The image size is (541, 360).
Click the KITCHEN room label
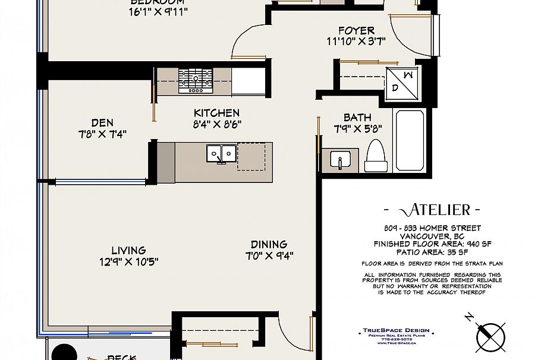click(216, 113)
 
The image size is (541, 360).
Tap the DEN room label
click(102, 123)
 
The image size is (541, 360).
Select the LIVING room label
click(128, 251)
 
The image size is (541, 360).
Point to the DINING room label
click(269, 244)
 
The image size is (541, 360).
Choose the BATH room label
click(357, 118)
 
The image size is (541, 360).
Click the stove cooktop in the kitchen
click(196, 80)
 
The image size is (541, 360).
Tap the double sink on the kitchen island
click(220, 154)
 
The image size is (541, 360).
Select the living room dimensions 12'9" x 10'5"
click(128, 261)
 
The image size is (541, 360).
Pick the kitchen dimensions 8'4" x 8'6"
click(216, 124)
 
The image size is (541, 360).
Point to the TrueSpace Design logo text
click(396, 331)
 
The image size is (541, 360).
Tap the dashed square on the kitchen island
click(251, 156)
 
